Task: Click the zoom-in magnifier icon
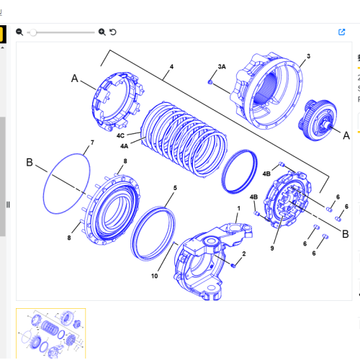pos(102,32)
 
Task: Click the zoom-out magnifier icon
pos(19,32)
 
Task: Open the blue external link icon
pos(341,32)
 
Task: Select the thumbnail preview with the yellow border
pos(50,333)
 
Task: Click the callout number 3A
pos(222,66)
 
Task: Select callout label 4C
pos(121,135)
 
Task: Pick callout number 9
pos(272,248)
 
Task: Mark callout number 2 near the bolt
pos(243,253)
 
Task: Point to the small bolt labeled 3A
pos(210,82)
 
